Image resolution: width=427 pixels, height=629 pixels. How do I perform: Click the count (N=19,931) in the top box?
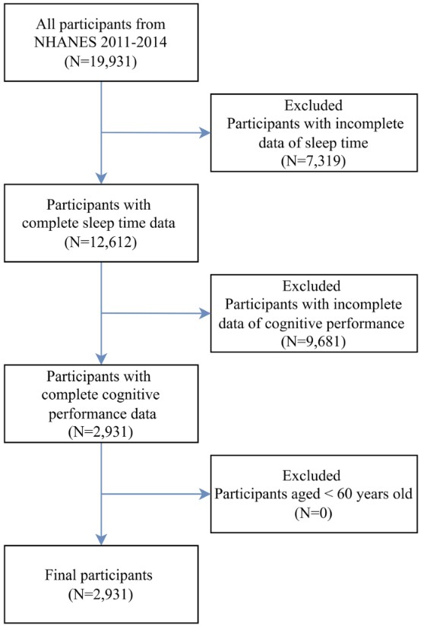click(101, 62)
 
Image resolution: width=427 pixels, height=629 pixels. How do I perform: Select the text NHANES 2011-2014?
click(101, 42)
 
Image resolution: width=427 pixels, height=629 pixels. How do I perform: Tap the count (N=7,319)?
click(314, 160)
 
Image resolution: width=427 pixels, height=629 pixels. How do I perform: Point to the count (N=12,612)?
click(101, 242)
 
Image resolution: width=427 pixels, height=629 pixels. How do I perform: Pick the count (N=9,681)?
click(314, 341)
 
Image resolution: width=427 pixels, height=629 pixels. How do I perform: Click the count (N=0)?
click(314, 513)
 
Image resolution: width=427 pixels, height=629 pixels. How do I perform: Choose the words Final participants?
click(99, 575)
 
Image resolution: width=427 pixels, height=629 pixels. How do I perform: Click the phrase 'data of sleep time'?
click(314, 142)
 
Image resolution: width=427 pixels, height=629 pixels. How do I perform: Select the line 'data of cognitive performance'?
click(312, 323)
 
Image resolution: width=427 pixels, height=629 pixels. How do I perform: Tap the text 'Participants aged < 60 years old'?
click(314, 494)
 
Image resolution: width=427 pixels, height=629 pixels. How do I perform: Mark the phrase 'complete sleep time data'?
click(99, 223)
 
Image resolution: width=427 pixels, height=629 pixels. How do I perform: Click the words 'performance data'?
click(103, 413)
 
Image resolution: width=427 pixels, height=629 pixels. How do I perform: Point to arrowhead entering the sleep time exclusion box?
click(205, 132)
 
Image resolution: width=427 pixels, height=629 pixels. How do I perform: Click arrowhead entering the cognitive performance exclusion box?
click(205, 313)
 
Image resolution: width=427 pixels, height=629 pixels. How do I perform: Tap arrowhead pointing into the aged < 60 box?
click(205, 494)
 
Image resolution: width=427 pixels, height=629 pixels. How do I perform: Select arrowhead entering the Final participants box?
click(102, 539)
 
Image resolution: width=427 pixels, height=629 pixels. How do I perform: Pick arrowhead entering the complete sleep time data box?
click(102, 179)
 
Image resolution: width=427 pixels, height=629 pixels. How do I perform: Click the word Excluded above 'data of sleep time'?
click(314, 105)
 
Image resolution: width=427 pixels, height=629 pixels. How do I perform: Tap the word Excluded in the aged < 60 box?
click(312, 476)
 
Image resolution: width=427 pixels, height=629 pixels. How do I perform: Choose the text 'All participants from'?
click(101, 24)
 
